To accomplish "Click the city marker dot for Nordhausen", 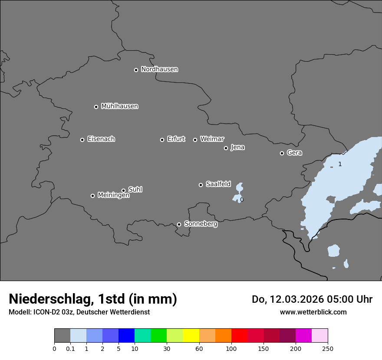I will coord(136,70).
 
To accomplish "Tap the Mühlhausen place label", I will coord(119,106).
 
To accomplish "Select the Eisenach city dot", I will coord(82,140).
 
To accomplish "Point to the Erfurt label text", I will coord(176,139).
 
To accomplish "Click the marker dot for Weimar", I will coord(195,140).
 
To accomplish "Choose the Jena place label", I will coord(237,147).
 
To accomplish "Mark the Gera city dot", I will coord(282,153).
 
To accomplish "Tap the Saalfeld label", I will coord(218,184).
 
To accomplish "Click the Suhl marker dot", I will coord(123,190).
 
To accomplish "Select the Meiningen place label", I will coord(113,196).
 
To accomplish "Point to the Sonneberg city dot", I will coord(179,224).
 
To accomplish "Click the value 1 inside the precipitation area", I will coord(340,164).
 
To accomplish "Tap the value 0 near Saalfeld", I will coord(242,200).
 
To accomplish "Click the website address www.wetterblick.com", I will coord(313,312).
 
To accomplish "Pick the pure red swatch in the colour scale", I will coord(239,336).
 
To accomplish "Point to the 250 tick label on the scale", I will coord(328,349).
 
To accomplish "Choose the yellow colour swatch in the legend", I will coord(191,336).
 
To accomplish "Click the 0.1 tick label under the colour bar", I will coord(70,349).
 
